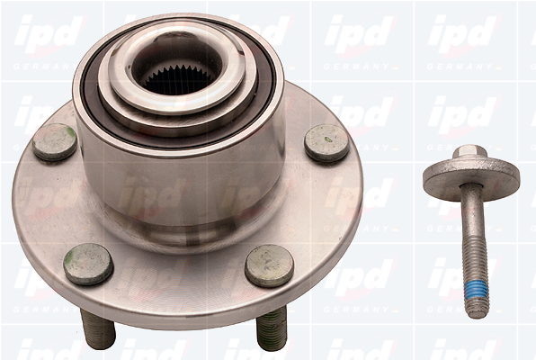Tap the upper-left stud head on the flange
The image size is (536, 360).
pos(55,142)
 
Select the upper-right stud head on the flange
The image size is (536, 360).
pos(326,144)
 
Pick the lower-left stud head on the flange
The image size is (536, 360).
pos(88,264)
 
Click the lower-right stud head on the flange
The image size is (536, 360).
pos(270,265)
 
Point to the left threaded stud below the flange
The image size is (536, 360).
pos(98,328)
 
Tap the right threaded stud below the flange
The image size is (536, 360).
pos(272,328)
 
